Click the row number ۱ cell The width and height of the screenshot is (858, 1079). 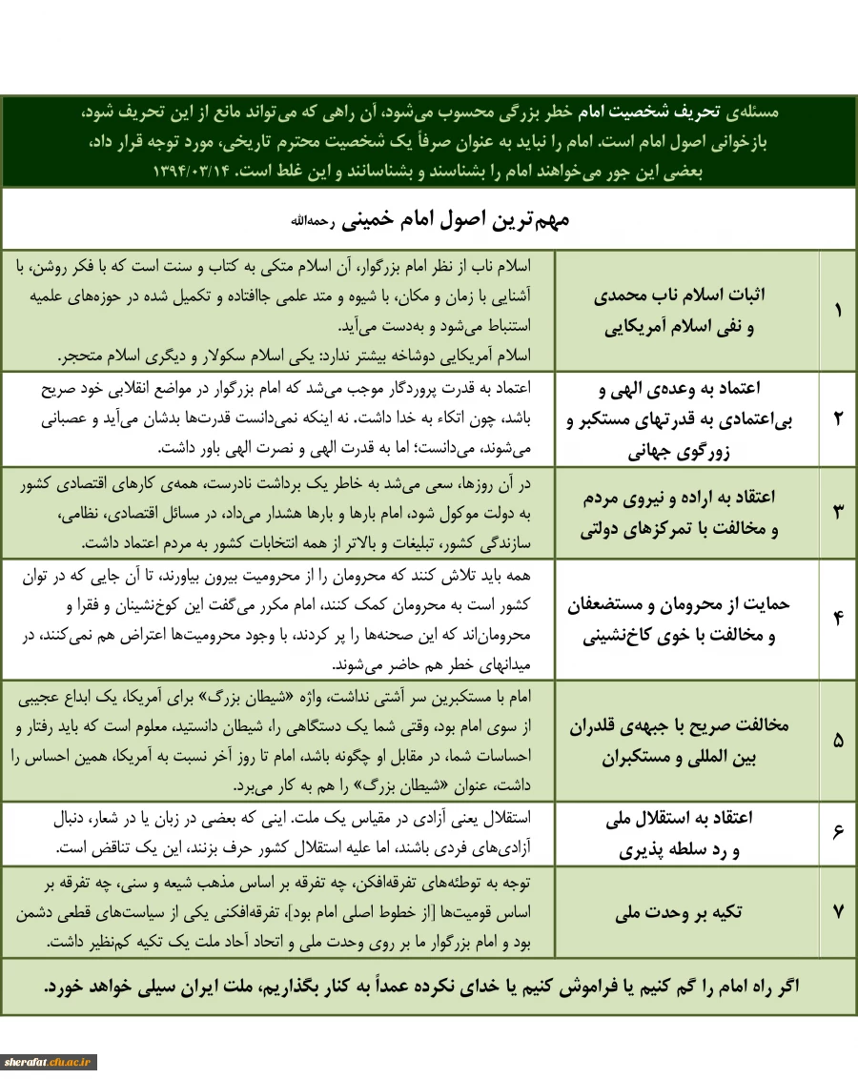(838, 311)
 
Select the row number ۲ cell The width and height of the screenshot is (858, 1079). (838, 417)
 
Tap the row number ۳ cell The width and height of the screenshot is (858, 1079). (838, 511)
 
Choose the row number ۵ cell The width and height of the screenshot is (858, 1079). (838, 740)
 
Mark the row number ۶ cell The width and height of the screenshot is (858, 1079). (838, 832)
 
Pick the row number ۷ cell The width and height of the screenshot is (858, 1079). (838, 911)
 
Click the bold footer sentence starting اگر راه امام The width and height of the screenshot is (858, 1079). (429, 987)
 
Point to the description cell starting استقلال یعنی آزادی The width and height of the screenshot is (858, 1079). (286, 832)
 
